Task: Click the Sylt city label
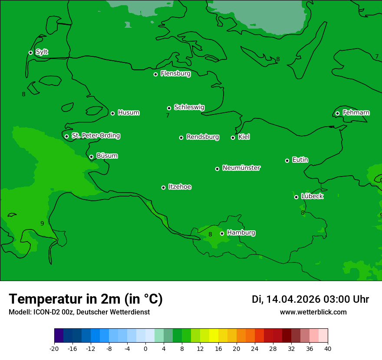tap(42, 52)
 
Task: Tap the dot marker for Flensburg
tap(155, 74)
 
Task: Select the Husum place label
tap(128, 113)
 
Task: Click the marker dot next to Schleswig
tap(169, 108)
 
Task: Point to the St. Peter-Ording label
tap(95, 136)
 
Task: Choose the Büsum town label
tap(107, 156)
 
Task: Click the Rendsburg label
tap(203, 137)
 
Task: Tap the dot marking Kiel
tap(233, 137)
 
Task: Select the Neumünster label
tap(241, 168)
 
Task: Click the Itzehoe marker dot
tap(163, 187)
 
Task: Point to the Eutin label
tap(300, 160)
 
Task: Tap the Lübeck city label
tap(312, 196)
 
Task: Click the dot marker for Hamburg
tap(222, 233)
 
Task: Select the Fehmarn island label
tap(356, 113)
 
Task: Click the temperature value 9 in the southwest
tap(42, 223)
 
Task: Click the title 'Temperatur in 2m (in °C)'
tap(86, 299)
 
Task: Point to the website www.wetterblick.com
tap(313, 312)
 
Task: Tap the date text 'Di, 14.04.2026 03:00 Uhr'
tap(310, 299)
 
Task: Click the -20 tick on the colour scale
tap(54, 348)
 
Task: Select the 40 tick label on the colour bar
tap(328, 348)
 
